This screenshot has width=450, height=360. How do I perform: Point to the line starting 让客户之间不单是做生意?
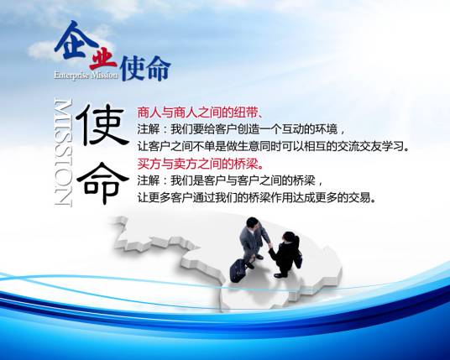tap(273, 146)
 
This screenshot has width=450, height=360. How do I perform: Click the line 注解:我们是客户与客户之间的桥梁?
tap(229, 180)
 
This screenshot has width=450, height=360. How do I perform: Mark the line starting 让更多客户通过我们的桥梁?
tap(256, 198)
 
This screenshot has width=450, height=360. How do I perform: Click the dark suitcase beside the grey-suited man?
tap(239, 270)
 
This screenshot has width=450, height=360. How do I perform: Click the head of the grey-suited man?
tap(253, 224)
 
